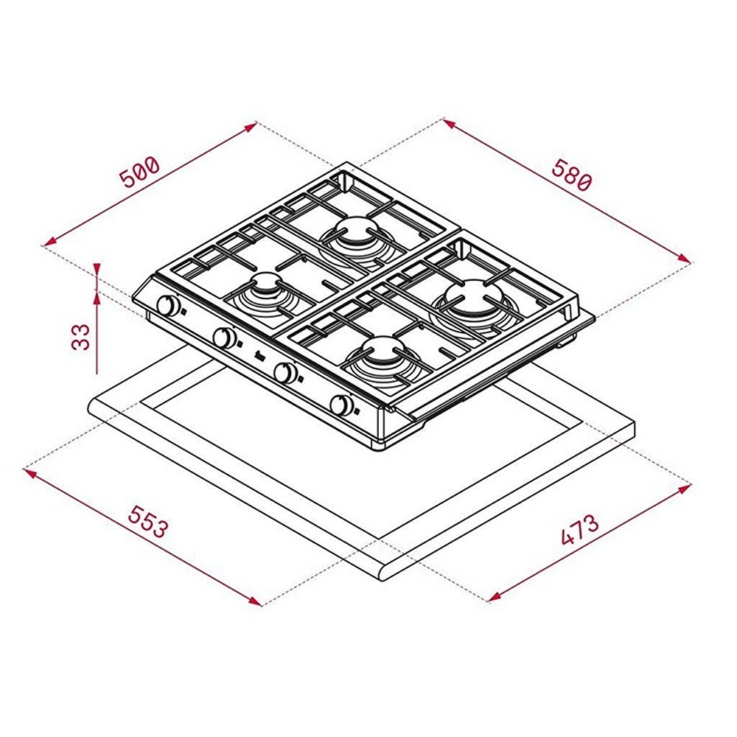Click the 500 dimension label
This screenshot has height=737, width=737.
(140, 172)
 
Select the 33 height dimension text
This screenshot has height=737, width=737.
(81, 336)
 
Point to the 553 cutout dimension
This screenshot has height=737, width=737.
(147, 522)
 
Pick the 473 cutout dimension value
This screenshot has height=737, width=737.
(580, 530)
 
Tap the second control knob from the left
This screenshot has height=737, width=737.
(224, 338)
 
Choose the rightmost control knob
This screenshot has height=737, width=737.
(342, 405)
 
